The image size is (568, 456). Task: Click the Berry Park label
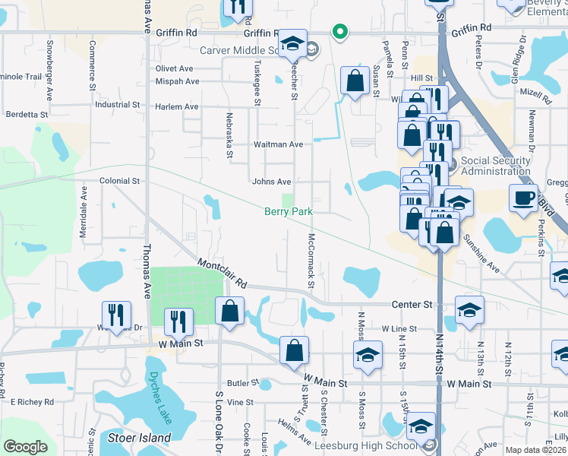click(288, 212)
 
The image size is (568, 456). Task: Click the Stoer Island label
click(144, 438)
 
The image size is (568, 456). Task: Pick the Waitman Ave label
click(278, 144)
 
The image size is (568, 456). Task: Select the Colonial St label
click(120, 182)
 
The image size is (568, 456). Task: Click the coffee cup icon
click(522, 198)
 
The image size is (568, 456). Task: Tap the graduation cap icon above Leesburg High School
click(421, 427)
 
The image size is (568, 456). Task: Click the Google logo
click(25, 447)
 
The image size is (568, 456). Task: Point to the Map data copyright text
click(536, 450)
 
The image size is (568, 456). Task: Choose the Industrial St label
click(113, 105)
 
